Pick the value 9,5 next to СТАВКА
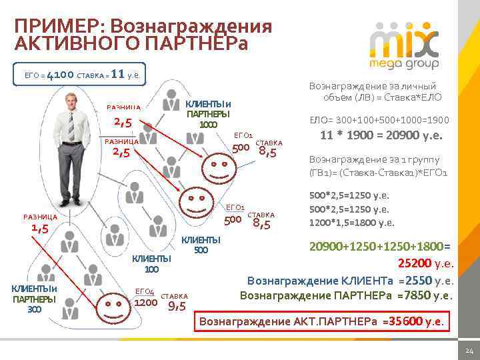click(x=176, y=306)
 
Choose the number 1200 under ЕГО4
click(x=145, y=303)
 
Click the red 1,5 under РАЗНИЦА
click(x=41, y=228)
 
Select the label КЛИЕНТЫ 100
click(x=151, y=264)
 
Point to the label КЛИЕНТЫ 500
click(x=201, y=245)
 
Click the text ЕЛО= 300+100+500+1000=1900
click(x=379, y=121)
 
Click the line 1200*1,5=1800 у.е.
click(x=351, y=223)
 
